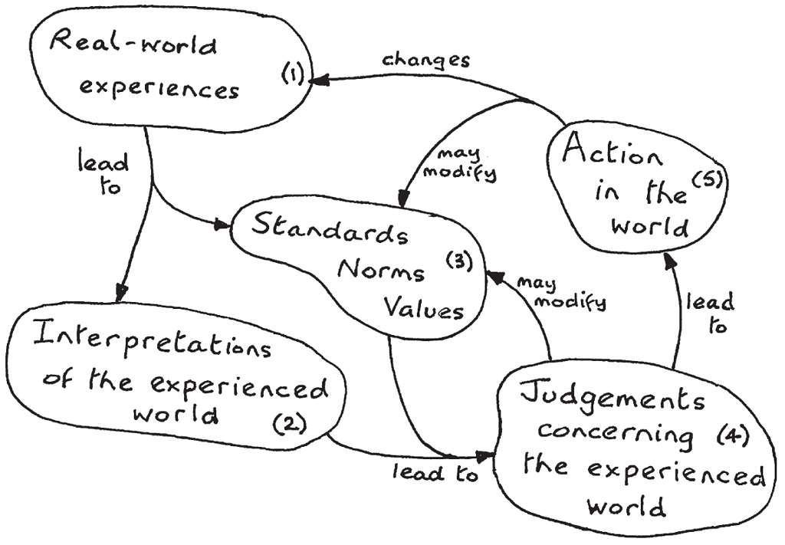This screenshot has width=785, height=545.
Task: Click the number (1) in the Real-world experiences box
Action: coord(292,74)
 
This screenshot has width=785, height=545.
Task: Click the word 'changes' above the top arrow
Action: coord(425,60)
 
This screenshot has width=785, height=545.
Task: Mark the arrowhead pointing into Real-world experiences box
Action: coord(318,79)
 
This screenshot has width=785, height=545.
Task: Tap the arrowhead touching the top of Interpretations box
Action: coord(120,294)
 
